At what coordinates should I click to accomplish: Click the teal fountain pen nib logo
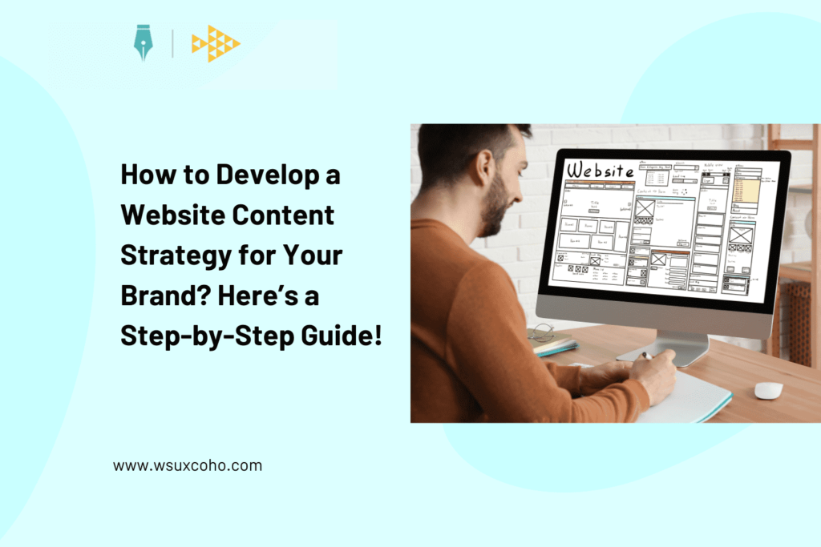tap(144, 43)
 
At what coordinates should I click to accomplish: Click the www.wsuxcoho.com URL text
tap(187, 465)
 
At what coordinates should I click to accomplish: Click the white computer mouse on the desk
tap(768, 390)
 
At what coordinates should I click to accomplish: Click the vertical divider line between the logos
tap(172, 43)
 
